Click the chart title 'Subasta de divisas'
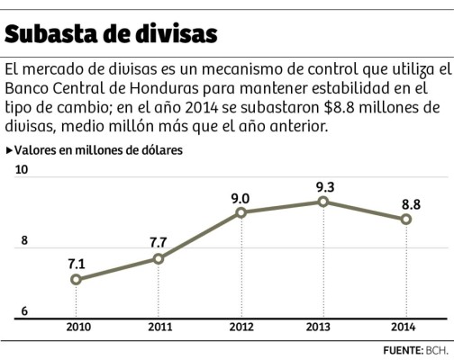111,33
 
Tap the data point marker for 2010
76,279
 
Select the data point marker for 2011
159,258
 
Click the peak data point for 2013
323,202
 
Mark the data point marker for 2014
406,220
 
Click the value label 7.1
76,264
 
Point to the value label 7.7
159,242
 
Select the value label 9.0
241,197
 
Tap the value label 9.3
323,186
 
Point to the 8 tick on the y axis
24,240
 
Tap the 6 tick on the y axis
24,311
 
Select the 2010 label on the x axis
76,326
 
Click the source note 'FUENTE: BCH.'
415,349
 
